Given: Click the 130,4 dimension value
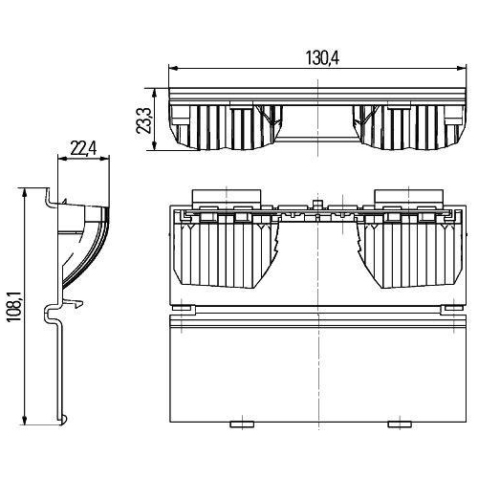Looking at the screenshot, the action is click(322, 58).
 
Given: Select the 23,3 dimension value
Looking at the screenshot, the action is click(143, 120).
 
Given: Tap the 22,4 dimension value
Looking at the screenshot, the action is click(83, 148).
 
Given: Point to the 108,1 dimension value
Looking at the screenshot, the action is click(14, 307).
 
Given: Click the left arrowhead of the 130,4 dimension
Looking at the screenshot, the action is click(173, 68).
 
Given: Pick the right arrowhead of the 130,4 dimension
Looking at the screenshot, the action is click(462, 68).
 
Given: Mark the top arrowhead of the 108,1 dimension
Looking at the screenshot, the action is click(24, 192).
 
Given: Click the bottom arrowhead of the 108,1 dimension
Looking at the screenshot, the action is click(24, 420).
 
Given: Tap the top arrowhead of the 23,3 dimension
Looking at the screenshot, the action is click(155, 93).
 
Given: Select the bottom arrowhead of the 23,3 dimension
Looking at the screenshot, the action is click(155, 146).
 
